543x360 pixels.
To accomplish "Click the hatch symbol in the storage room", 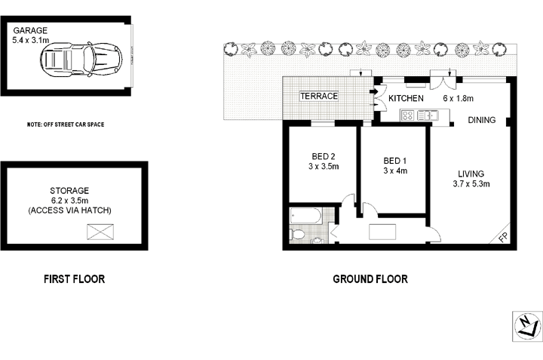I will (x=99, y=232).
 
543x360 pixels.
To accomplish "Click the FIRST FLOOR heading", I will (x=73, y=279).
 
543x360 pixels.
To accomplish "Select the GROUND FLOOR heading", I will (x=370, y=279).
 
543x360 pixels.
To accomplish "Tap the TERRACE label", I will (x=319, y=97).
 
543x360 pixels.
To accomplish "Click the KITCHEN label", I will (x=406, y=98).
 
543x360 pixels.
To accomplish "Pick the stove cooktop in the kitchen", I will (x=408, y=116).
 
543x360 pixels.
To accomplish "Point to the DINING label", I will (x=481, y=120).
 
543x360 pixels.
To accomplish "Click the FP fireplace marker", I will (x=503, y=238).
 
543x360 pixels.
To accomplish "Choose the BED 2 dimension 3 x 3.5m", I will (x=322, y=168).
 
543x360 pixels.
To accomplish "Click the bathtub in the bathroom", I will (x=306, y=216).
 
